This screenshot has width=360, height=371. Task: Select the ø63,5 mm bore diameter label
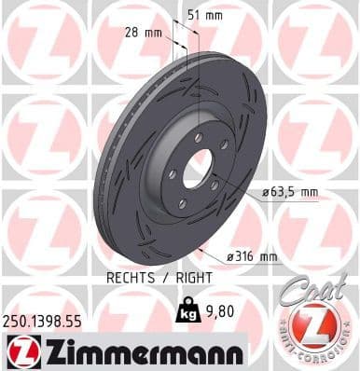[x=290, y=192]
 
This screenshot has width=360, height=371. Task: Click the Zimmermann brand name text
[x=140, y=351]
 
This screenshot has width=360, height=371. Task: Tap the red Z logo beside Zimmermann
[x=20, y=351]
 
